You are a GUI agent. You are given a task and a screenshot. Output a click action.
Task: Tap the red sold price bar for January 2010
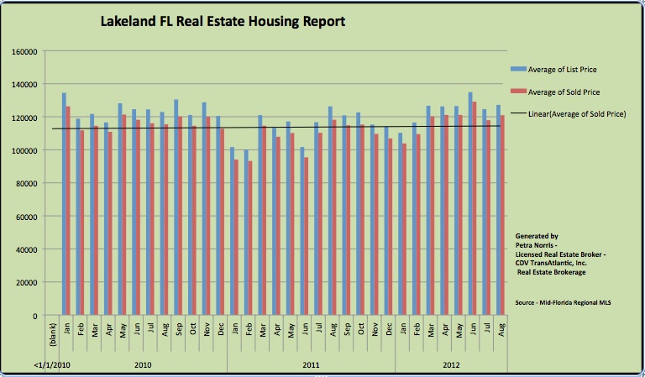[68, 211]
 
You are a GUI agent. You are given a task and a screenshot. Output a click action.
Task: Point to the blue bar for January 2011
[232, 232]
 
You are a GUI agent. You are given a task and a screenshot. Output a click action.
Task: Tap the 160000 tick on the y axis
[27, 51]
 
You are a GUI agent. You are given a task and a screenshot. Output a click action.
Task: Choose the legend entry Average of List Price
[568, 69]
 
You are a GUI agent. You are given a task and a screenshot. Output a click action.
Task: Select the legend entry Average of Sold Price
[568, 92]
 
